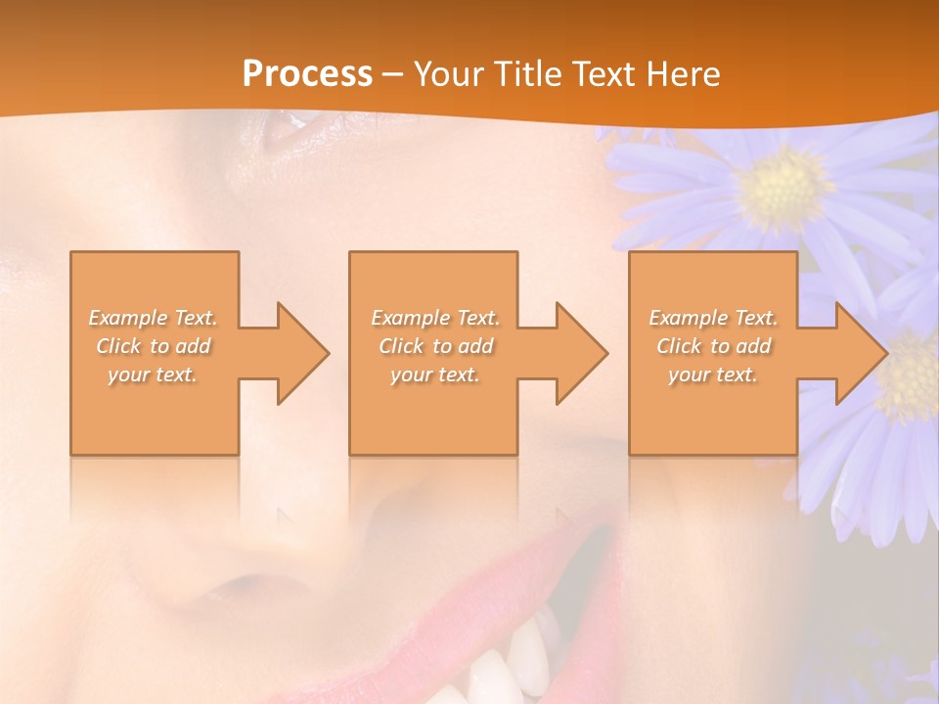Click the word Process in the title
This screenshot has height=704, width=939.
click(x=307, y=74)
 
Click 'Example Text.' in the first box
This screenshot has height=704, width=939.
click(x=154, y=318)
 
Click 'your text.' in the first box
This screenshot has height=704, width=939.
click(x=154, y=374)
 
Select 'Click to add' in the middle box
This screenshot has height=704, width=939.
click(x=435, y=346)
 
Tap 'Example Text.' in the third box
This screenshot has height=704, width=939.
click(x=713, y=318)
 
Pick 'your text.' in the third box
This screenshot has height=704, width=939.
click(x=713, y=374)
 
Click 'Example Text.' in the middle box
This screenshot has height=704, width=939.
click(x=435, y=318)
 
